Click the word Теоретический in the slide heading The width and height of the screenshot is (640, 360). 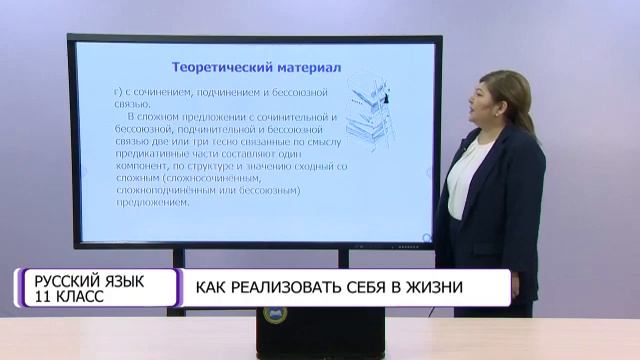[x=219, y=67]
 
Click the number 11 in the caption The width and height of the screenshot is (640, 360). [x=41, y=297]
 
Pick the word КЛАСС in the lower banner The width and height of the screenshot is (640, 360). [x=80, y=297]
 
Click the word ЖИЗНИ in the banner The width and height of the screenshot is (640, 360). [x=448, y=287]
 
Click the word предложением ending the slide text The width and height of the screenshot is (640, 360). [x=152, y=202]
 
